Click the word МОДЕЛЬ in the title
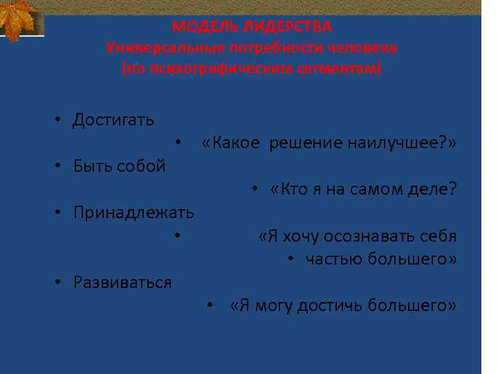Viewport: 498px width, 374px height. coord(203,27)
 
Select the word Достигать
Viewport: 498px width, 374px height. coord(114,120)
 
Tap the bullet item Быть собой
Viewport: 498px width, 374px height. coord(120,166)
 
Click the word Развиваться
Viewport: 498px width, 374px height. coord(123,283)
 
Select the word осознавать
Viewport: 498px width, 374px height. coord(373,236)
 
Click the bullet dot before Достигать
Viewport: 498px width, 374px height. coord(59,120)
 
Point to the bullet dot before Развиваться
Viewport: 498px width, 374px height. coord(59,283)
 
